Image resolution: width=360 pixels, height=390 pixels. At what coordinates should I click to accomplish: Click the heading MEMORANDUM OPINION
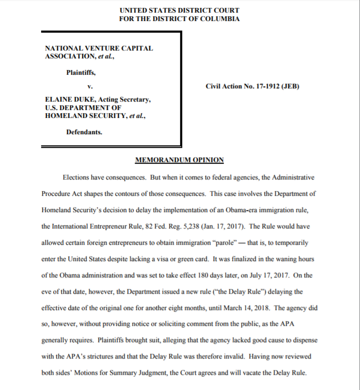[179, 160]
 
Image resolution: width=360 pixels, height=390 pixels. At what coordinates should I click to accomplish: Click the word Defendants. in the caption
[84, 132]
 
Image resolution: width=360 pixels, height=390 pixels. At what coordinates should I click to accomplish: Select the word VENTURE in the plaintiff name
[95, 48]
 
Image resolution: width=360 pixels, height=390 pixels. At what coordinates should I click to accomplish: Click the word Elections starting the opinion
[76, 178]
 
